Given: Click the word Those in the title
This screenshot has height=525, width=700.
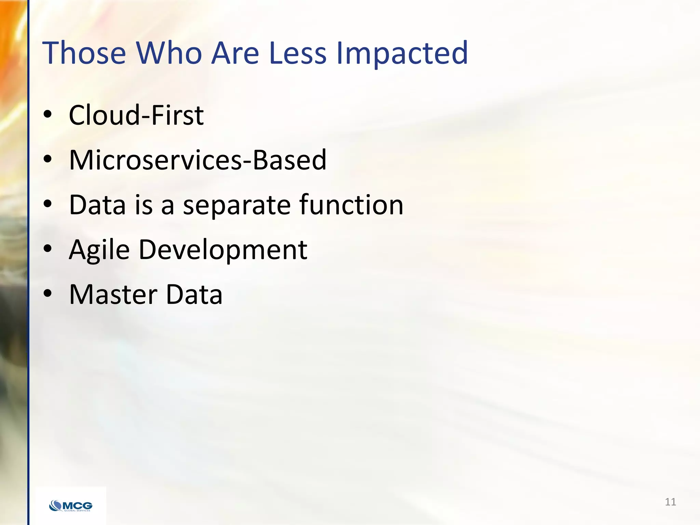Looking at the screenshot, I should [x=84, y=53].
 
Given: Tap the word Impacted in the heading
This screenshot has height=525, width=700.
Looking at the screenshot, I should [x=402, y=53].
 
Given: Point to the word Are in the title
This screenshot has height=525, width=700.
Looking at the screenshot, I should [x=235, y=53].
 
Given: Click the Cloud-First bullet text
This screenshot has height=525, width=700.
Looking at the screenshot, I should [x=136, y=115].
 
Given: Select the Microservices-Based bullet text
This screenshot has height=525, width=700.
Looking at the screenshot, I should [x=198, y=160].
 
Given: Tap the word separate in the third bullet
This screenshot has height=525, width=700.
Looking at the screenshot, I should [x=237, y=205].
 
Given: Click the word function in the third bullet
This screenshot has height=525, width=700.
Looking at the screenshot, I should [x=351, y=205].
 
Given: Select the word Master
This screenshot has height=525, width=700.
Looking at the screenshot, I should [x=113, y=295].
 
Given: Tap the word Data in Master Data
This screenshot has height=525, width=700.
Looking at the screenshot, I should [x=194, y=295].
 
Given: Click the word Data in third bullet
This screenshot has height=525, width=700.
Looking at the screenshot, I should [x=97, y=205].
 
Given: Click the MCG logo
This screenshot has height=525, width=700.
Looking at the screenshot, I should [x=71, y=506].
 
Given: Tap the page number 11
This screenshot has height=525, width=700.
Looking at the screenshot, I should [x=670, y=502].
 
